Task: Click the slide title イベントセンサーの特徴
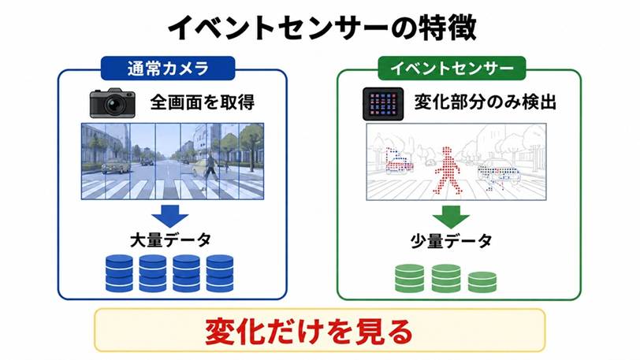(x=322, y=27)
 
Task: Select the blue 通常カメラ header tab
(x=168, y=69)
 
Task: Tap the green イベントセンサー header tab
(x=452, y=69)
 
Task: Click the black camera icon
(x=112, y=103)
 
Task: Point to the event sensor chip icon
(x=383, y=104)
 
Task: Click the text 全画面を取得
(x=203, y=102)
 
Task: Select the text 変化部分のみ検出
(x=486, y=102)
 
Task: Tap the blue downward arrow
(x=169, y=215)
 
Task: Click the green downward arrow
(x=451, y=217)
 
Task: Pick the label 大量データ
(x=170, y=240)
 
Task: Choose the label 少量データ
(x=451, y=242)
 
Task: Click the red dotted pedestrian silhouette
(x=448, y=170)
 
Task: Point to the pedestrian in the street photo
(x=210, y=166)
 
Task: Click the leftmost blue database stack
(x=119, y=273)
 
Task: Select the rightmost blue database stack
(x=220, y=273)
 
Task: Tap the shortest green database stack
(x=482, y=282)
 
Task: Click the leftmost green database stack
(x=409, y=278)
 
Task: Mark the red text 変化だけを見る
(x=309, y=331)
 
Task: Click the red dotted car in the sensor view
(x=399, y=161)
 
